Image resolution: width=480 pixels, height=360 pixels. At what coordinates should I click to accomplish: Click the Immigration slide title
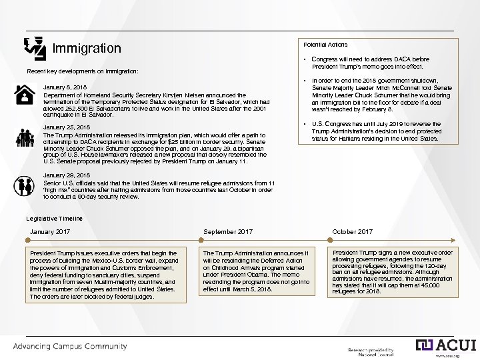pyautogui.click(x=87, y=49)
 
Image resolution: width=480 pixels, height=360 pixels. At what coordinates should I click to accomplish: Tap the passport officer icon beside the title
pyautogui.click(x=35, y=47)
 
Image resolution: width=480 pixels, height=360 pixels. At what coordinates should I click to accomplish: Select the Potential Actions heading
pyautogui.click(x=325, y=45)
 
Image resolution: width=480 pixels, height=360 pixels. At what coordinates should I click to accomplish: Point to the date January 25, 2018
pyautogui.click(x=66, y=127)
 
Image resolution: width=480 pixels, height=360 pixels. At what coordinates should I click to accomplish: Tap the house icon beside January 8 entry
pyautogui.click(x=25, y=95)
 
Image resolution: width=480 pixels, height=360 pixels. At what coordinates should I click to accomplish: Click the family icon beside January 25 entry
pyautogui.click(x=25, y=138)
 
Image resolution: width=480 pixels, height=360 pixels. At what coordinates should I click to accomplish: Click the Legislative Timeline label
pyautogui.click(x=55, y=219)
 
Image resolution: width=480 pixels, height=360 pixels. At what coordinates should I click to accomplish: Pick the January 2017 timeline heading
pyautogui.click(x=50, y=232)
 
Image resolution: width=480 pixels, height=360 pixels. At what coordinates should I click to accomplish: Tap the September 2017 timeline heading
pyautogui.click(x=228, y=232)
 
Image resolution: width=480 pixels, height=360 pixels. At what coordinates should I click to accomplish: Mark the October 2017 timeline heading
pyautogui.click(x=352, y=232)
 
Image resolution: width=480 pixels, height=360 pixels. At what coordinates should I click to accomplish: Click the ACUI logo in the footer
pyautogui.click(x=446, y=345)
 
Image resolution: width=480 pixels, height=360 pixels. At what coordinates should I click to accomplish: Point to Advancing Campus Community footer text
pyautogui.click(x=71, y=347)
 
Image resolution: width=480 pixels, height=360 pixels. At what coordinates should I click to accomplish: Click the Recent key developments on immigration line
pyautogui.click(x=82, y=71)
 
